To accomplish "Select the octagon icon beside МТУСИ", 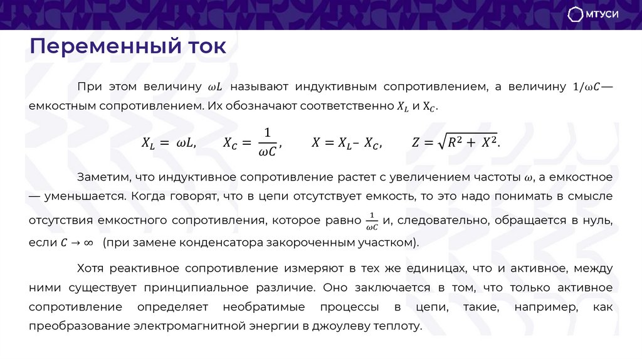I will [x=576, y=15].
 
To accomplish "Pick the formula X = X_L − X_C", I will [x=345, y=142].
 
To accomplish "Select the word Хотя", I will [x=90, y=268].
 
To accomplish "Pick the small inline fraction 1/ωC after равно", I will [x=371, y=220].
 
